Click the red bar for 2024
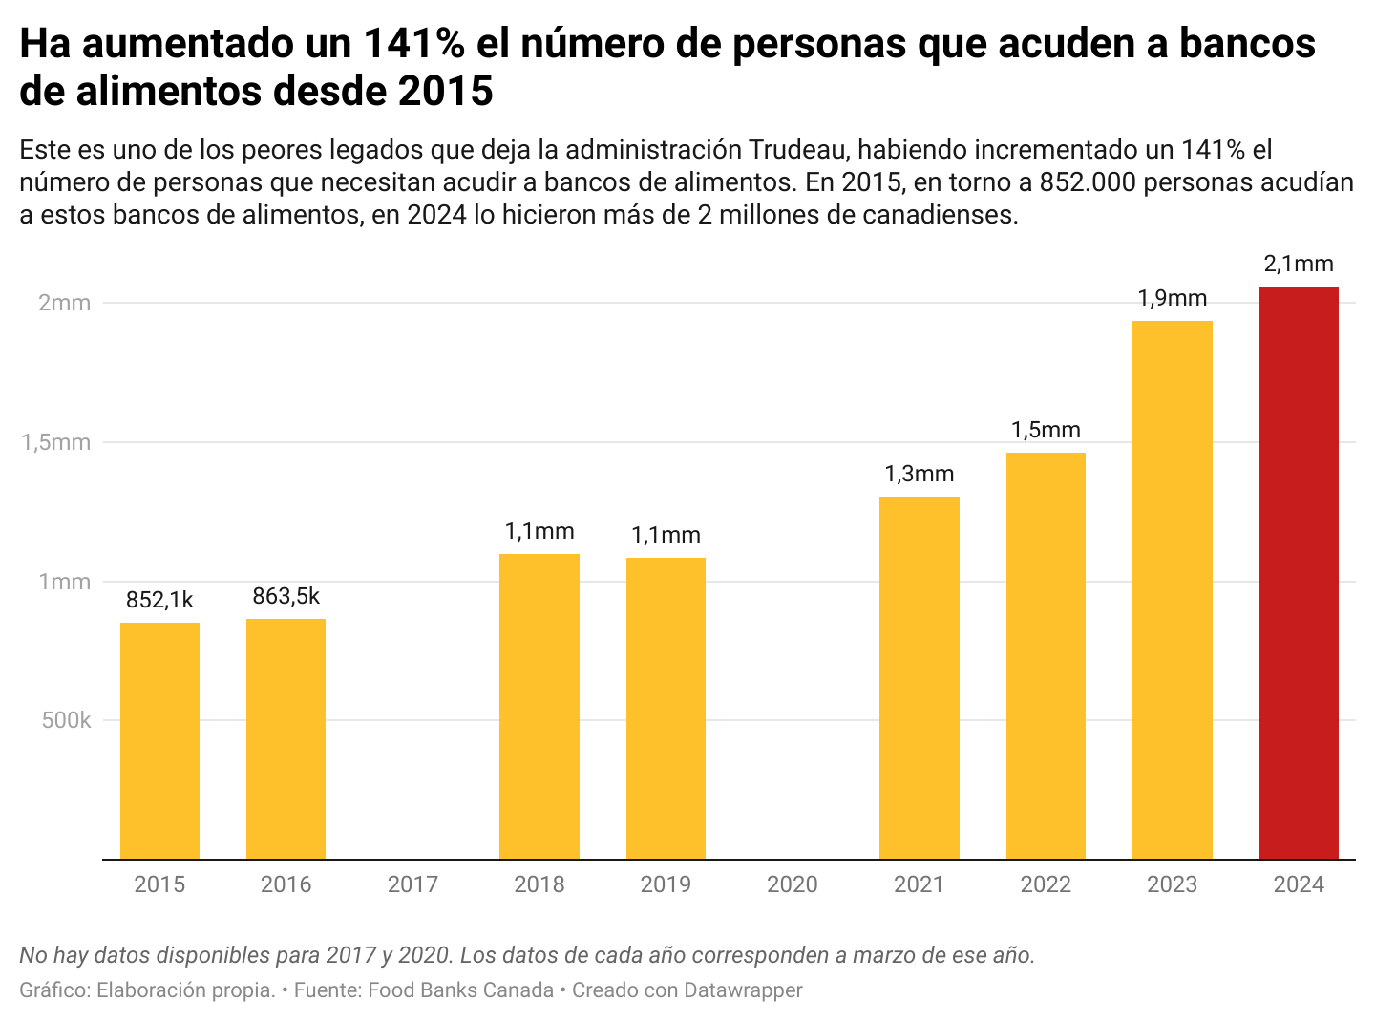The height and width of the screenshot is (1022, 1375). (x=1299, y=573)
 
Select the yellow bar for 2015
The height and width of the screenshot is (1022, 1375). (x=159, y=741)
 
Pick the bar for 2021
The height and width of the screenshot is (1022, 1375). (x=919, y=678)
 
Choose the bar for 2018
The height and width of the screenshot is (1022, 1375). (x=539, y=707)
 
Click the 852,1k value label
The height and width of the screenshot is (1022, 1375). (x=159, y=600)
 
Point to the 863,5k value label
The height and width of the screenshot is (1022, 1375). (x=286, y=596)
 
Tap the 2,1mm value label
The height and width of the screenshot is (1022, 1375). (x=1299, y=264)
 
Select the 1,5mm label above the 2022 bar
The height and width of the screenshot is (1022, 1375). (x=1046, y=430)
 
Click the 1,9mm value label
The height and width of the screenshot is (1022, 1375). (x=1172, y=298)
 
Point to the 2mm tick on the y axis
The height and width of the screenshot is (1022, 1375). (x=64, y=303)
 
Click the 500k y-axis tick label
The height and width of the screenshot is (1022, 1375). (x=66, y=720)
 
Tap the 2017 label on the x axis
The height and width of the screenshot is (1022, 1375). (x=412, y=884)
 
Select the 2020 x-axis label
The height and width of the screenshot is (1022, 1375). (x=793, y=884)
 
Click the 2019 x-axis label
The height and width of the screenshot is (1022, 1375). (x=666, y=884)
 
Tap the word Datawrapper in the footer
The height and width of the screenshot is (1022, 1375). (x=743, y=990)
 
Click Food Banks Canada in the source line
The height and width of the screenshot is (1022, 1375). (x=460, y=990)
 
